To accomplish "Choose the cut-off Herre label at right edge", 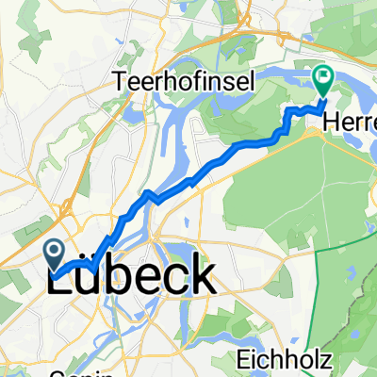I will pyautogui.click(x=353, y=123).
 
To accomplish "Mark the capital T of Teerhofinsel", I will pyautogui.click(x=119, y=82).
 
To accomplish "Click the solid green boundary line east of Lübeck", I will pyautogui.click(x=337, y=283).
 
